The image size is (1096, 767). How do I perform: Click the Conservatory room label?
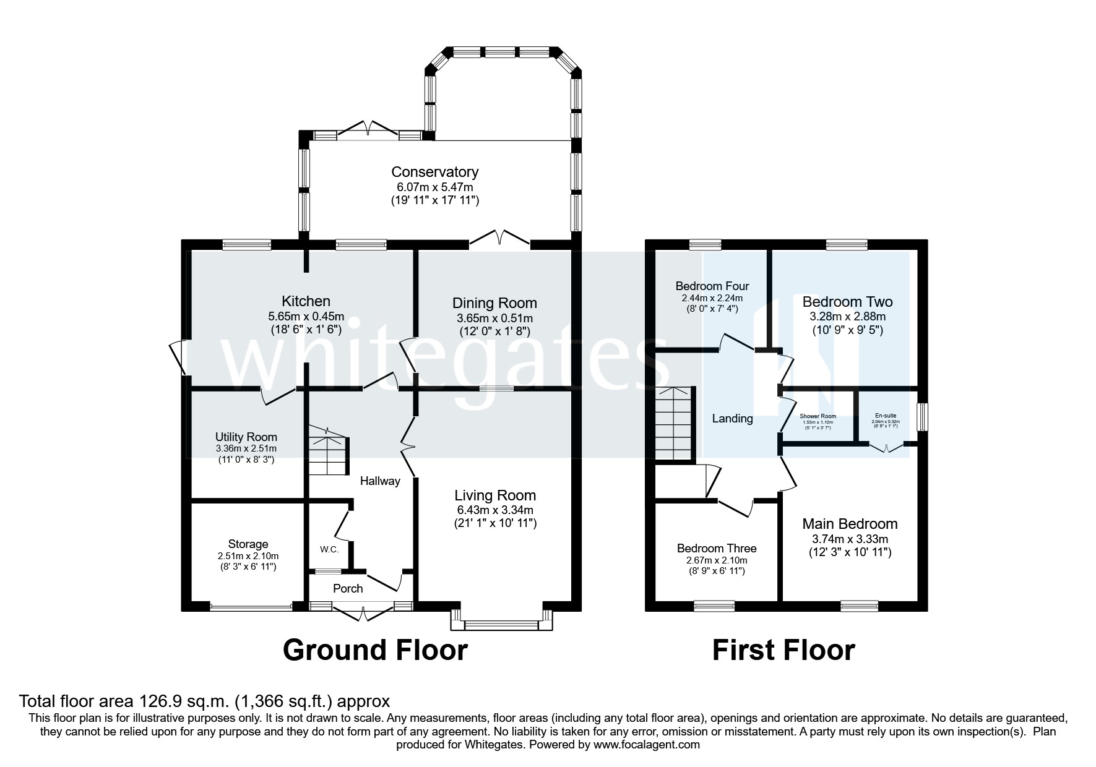click(x=434, y=172)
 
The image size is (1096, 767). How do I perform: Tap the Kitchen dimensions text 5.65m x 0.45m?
click(x=306, y=317)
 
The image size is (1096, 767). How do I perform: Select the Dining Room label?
click(x=494, y=303)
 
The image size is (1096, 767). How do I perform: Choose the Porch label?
click(x=348, y=588)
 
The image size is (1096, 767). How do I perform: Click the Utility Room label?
click(x=246, y=437)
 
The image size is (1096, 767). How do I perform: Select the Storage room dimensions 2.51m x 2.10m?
click(x=248, y=555)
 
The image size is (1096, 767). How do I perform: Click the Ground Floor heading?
click(x=375, y=651)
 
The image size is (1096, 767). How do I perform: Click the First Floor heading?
click(x=783, y=651)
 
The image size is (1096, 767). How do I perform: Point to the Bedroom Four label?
click(x=712, y=286)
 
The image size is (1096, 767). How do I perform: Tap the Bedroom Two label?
click(x=847, y=302)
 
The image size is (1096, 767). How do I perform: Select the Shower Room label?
click(x=818, y=416)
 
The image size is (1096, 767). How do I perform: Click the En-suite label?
click(x=885, y=416)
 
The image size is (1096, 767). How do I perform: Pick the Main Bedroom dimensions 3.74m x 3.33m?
click(x=850, y=538)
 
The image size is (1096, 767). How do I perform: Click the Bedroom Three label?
click(x=716, y=548)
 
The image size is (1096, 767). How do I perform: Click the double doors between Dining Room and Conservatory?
click(x=499, y=239)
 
